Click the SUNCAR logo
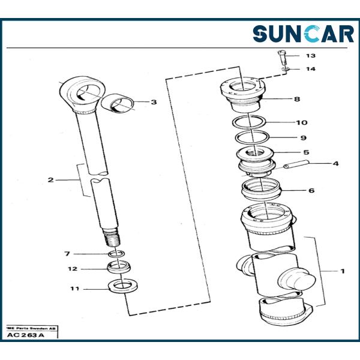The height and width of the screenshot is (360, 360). click(303, 34)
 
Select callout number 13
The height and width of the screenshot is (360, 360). click(310, 56)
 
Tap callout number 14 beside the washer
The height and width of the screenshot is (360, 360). click(310, 70)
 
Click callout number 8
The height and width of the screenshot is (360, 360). click(297, 99)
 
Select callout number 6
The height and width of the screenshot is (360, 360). click(311, 191)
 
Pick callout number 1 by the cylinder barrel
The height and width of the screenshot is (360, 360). click(343, 271)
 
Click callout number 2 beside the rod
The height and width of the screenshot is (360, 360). click(51, 180)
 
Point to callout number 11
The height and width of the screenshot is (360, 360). click(74, 289)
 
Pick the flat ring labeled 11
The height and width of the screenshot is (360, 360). click(122, 285)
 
